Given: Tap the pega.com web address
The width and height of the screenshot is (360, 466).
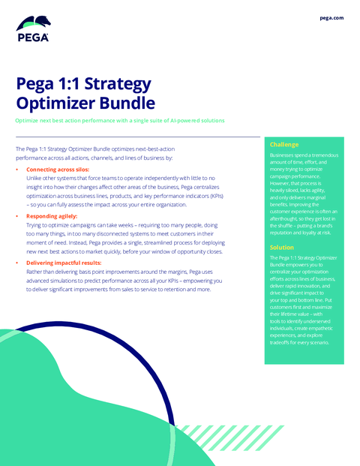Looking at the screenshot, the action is [331, 17].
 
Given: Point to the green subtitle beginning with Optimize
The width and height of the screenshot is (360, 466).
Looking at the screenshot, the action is [120, 120].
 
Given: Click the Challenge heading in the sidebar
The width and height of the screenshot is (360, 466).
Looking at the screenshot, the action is [284, 144].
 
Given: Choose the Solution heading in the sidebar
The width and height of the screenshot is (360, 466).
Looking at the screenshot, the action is [282, 247].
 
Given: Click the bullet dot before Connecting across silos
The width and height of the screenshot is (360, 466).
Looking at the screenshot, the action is [18, 170].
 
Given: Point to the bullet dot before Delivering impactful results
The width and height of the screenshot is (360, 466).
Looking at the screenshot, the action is [18, 263].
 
